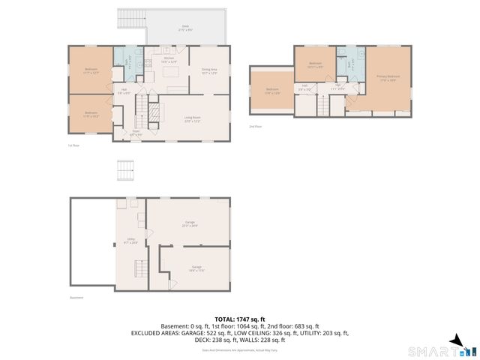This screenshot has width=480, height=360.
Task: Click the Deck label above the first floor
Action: (x=185, y=27)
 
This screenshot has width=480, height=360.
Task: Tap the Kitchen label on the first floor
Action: (x=169, y=59)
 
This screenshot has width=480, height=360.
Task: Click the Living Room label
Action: (x=193, y=117)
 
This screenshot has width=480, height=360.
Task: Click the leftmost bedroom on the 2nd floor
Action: (x=271, y=91)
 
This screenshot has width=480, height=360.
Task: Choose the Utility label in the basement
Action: (x=129, y=242)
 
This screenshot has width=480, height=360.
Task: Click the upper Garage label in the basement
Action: (x=190, y=223)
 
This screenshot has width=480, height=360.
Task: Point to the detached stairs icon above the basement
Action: (x=125, y=172)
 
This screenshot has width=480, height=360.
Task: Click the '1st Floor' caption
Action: (x=73, y=145)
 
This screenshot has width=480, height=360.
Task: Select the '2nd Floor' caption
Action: (x=256, y=126)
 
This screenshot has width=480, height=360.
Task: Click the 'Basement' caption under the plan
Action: (x=77, y=298)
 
